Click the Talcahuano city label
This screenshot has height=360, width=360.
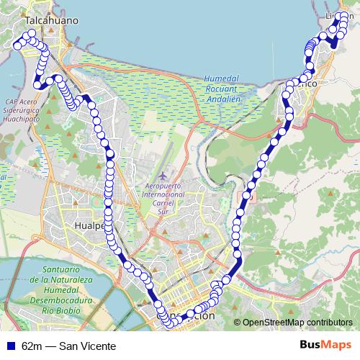point(51,22)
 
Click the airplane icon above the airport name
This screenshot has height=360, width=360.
point(164,175)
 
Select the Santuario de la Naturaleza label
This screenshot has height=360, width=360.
point(60,270)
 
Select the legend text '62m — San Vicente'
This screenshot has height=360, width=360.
point(68,346)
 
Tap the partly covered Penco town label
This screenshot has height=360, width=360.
point(306,83)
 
